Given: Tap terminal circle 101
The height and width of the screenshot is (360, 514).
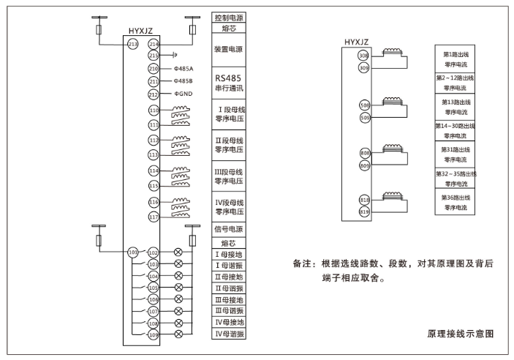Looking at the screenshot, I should click(132, 252).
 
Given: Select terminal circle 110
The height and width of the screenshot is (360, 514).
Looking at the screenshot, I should click(154, 110).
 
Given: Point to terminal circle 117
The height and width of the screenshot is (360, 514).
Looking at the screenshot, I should click(154, 217).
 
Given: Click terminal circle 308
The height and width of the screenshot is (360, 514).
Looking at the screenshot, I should click(364, 56).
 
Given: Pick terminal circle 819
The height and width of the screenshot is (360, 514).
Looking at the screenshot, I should click(364, 212).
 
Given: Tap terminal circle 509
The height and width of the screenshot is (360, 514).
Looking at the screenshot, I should click(364, 117).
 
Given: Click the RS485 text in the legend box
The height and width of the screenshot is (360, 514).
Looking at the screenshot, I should click(228, 77).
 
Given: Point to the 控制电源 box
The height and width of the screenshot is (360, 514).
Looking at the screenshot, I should click(228, 17).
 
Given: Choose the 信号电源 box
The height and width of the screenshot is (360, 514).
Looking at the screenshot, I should click(228, 229).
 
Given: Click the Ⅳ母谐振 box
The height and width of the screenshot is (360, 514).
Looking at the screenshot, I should click(228, 334).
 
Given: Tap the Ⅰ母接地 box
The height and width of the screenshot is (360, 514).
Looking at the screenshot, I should click(228, 254).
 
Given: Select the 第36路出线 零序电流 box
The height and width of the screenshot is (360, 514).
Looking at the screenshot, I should click(456, 203).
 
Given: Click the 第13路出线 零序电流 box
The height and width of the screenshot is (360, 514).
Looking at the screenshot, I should click(456, 107).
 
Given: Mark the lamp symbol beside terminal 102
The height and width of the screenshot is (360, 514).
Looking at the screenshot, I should click(178, 252).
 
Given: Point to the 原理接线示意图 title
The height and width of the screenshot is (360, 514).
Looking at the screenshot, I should click(461, 333).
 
